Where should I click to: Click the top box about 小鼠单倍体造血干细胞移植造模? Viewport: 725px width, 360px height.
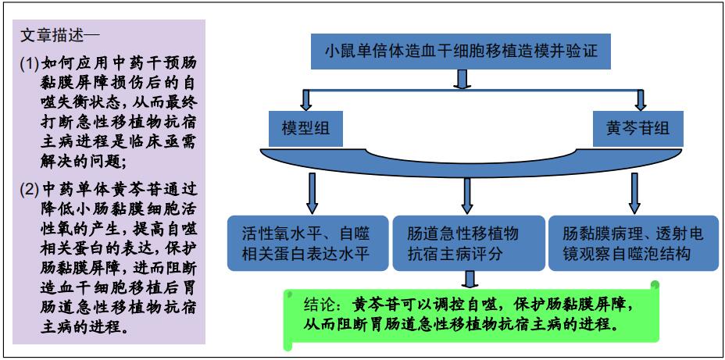[462, 51]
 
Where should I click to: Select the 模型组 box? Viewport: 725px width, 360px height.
[306, 128]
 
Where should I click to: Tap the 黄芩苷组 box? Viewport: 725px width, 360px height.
[637, 128]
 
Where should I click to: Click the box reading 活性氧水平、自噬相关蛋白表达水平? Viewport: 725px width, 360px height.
[308, 243]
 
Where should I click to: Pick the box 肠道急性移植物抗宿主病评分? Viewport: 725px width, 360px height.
[468, 243]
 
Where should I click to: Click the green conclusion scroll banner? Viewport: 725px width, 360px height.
[470, 314]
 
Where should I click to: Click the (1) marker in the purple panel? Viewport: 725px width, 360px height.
[29, 62]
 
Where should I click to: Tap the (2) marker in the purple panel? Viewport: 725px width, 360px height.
[29, 189]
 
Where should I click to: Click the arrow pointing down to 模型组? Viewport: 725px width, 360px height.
[306, 100]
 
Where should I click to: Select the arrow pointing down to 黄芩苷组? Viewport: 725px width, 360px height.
[640, 100]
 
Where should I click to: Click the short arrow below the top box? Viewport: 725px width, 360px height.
[462, 79]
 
